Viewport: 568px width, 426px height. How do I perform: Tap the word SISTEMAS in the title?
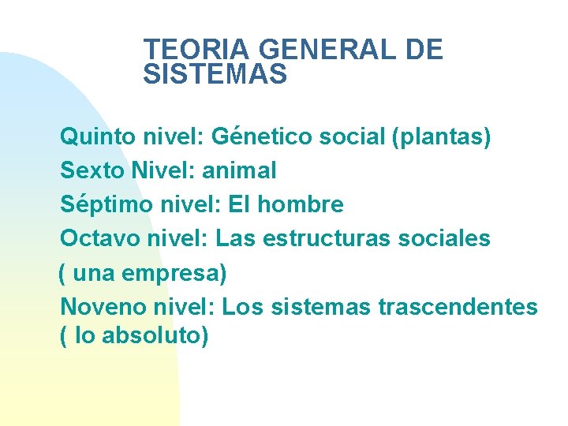tap(215, 75)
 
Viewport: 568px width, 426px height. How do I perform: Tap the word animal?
tap(240, 170)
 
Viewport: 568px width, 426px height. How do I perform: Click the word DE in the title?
tap(424, 50)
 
